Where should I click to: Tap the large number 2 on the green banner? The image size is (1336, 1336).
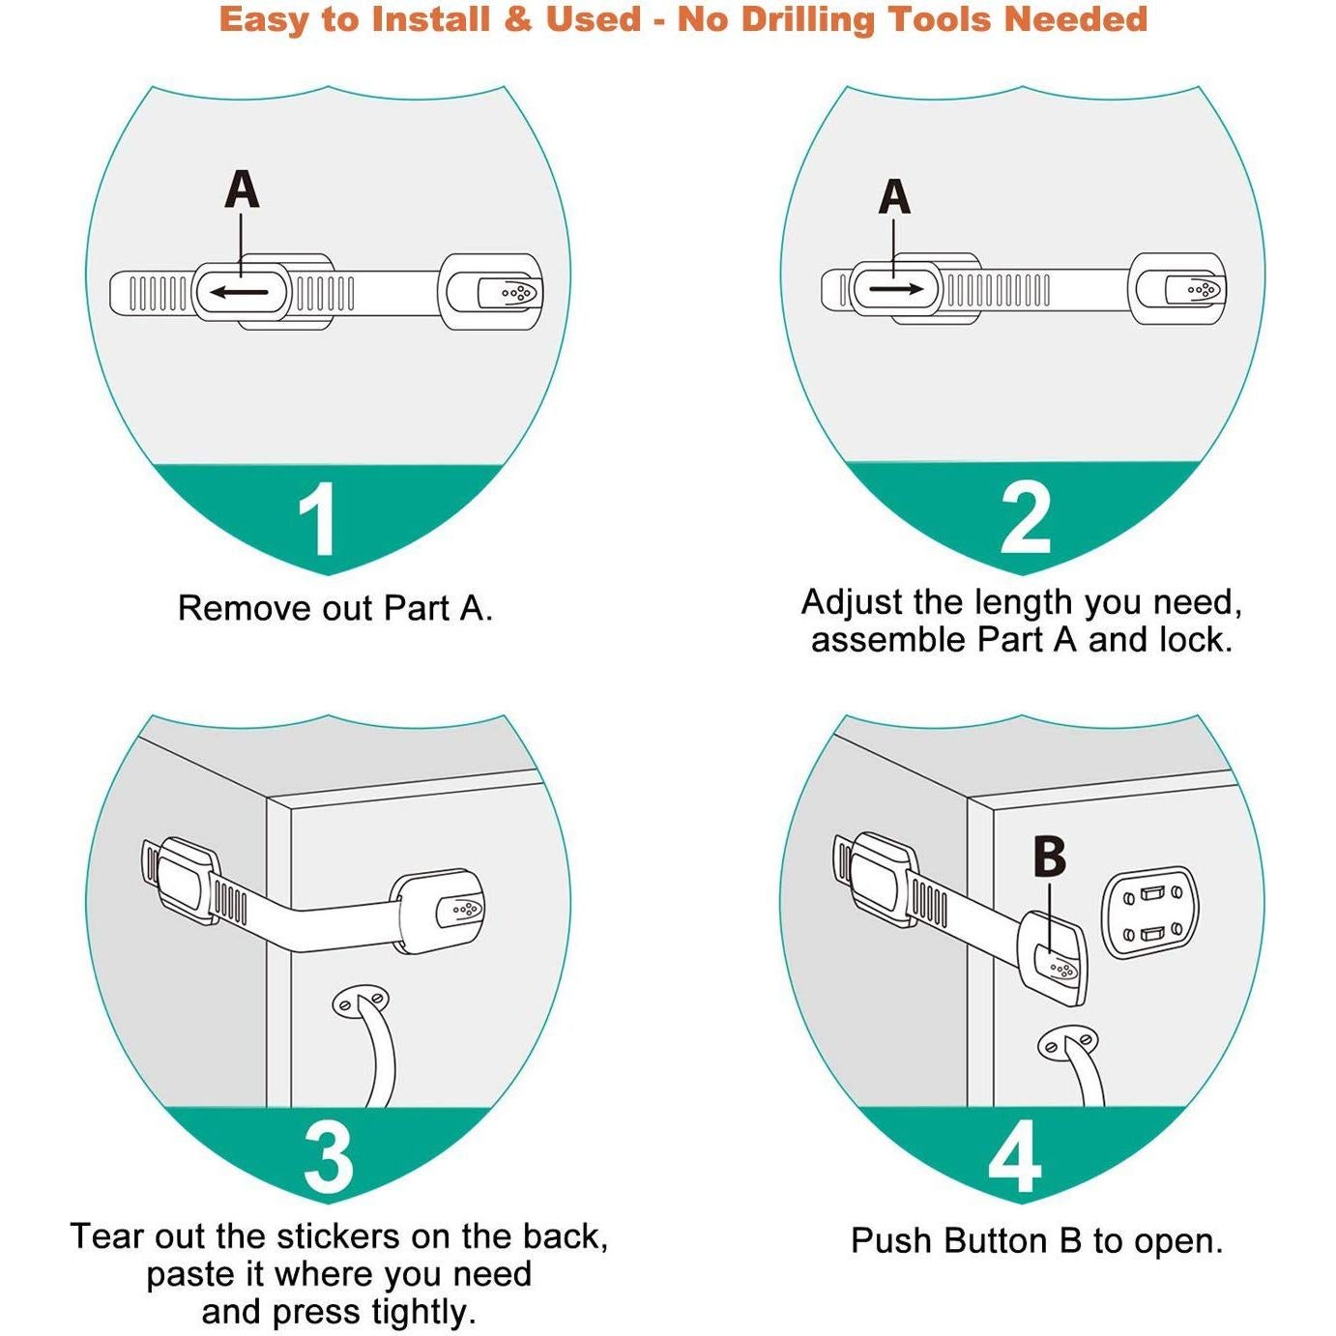1026,518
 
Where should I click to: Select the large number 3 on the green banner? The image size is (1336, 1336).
329,1158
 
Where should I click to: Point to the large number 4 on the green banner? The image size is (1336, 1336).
1015,1157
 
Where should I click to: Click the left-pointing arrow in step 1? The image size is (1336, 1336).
239,292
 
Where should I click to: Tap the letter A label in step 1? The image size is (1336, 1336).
242,190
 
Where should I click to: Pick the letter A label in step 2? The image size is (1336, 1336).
894,196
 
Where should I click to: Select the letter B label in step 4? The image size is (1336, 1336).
1049,857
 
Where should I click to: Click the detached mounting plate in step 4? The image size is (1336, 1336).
1151,914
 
